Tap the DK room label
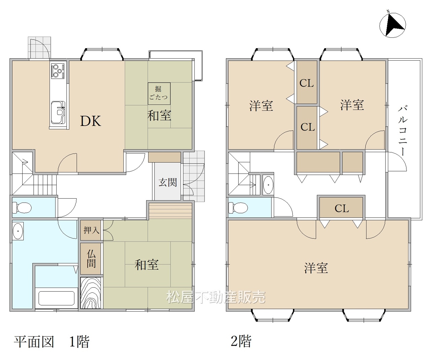91,121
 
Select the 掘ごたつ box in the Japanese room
159,94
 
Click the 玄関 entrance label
168,183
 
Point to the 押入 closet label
92,230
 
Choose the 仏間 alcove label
91,259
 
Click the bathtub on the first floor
56,298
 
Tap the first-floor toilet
22,207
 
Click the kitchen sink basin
58,112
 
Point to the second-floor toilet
238,207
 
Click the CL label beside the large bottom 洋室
342,208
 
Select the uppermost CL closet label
306,83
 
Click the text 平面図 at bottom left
34,341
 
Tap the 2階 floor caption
241,341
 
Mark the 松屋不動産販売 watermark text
216,297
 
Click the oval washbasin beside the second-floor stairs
268,185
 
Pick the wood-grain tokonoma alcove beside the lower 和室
91,293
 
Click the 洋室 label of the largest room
316,268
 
